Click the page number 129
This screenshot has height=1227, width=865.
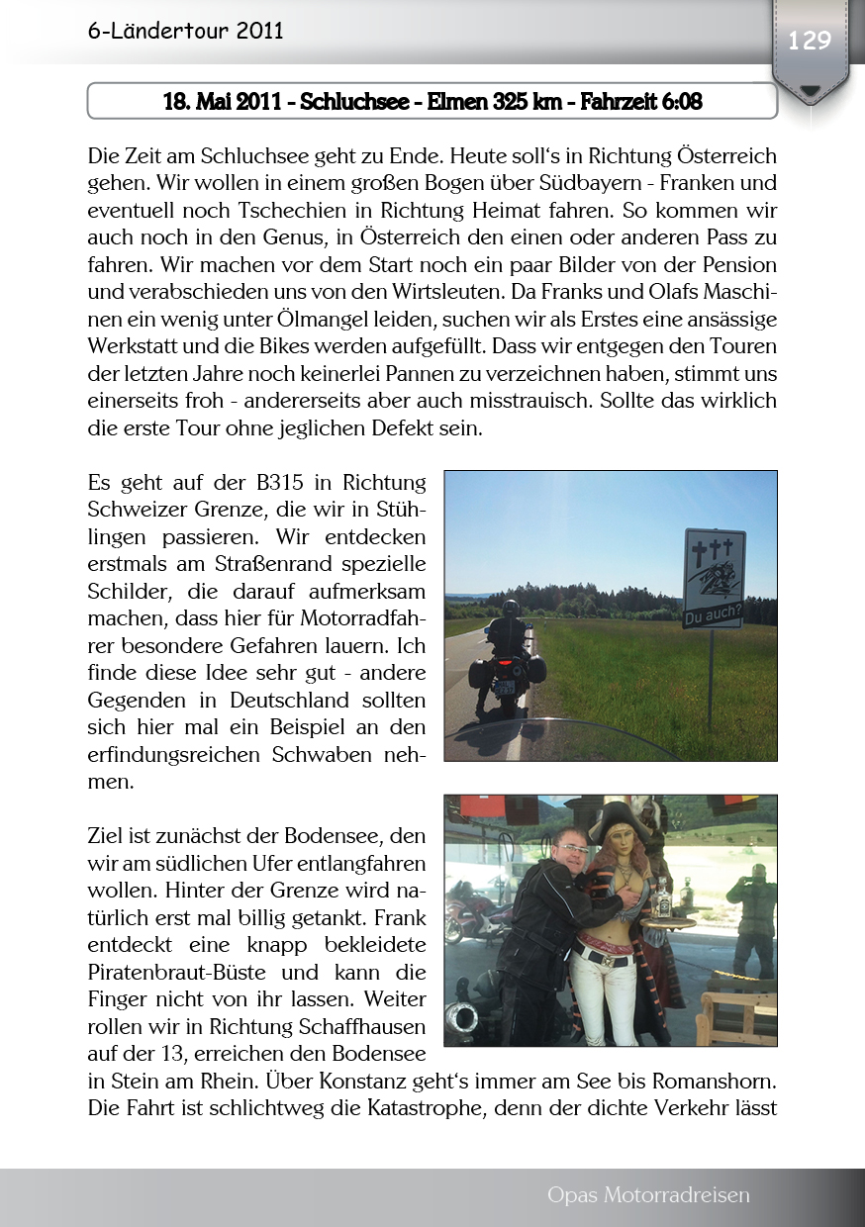pos(809,41)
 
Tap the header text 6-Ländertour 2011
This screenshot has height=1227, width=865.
pos(185,31)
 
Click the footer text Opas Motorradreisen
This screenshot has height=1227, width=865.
pos(648,1195)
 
